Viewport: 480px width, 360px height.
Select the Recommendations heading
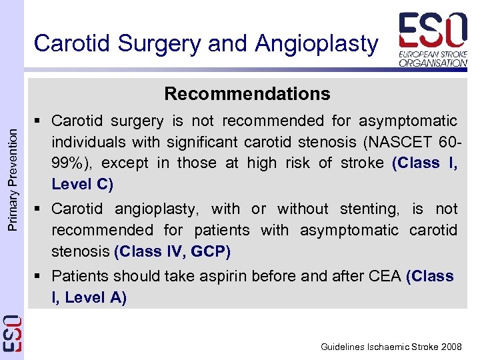pos(247,94)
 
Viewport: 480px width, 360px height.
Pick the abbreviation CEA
pos(385,276)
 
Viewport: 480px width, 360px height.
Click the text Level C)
pos(82,184)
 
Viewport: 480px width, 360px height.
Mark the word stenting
pos(368,209)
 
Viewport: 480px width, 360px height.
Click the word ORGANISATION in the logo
pos(433,63)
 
